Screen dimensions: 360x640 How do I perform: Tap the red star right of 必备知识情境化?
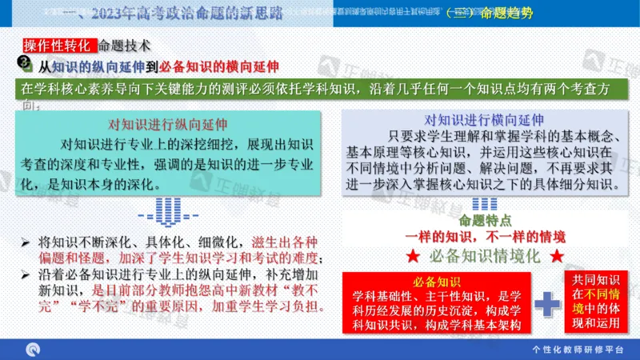point(558,257)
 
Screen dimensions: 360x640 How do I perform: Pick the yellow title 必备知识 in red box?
point(436,282)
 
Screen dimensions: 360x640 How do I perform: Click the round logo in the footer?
point(34,349)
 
